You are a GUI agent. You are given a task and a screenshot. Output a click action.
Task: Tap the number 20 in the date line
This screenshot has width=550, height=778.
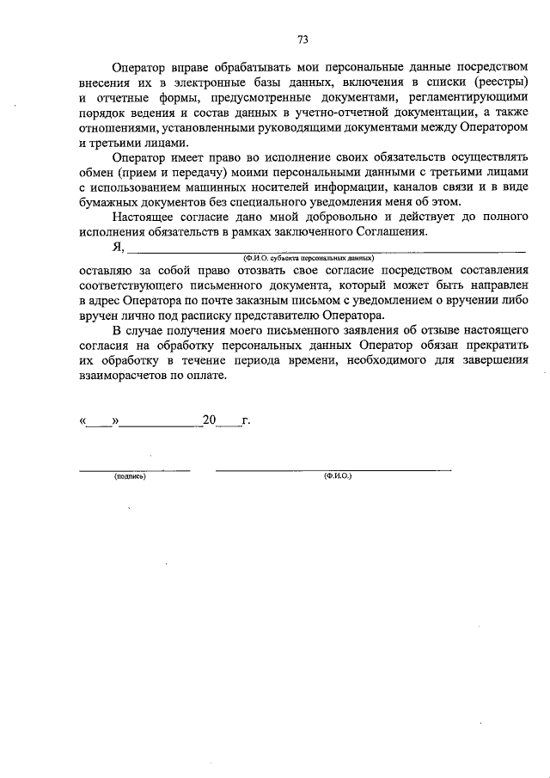[209, 421]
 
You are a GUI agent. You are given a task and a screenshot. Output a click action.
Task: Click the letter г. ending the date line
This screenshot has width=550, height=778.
[245, 421]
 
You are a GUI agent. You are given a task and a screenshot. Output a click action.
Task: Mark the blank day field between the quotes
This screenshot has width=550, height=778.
[100, 423]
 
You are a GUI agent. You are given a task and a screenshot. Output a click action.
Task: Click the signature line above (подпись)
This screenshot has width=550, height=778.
[134, 469]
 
